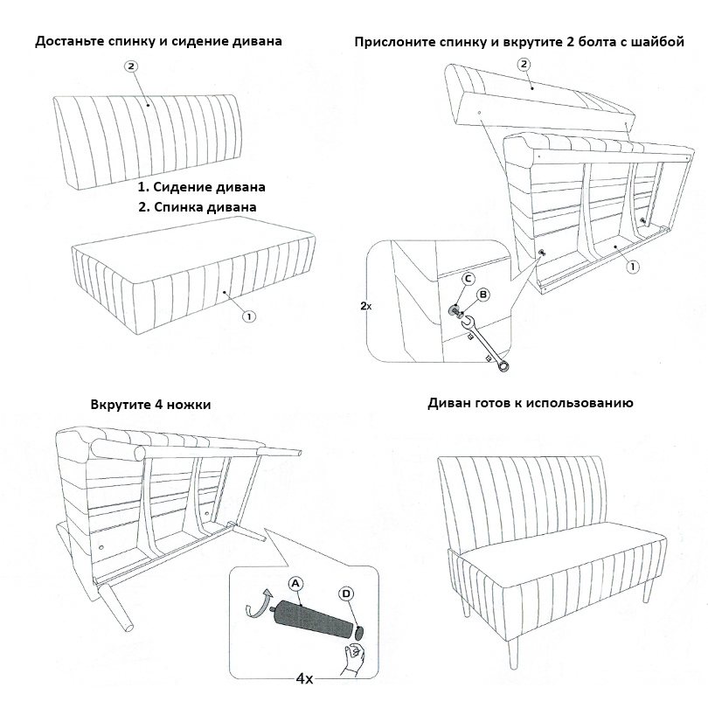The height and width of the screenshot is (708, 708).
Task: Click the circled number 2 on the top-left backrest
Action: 131,66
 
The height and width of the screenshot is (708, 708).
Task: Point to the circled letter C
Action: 468,278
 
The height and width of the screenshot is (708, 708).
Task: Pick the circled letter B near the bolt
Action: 482,295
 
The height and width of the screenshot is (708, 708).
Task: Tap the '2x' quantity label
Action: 366,307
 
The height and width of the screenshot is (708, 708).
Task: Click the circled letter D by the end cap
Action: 347,593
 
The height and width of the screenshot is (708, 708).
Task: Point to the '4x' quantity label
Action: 304,678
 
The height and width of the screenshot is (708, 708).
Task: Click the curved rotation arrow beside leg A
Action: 256,606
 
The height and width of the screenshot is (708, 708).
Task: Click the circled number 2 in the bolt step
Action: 524,64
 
